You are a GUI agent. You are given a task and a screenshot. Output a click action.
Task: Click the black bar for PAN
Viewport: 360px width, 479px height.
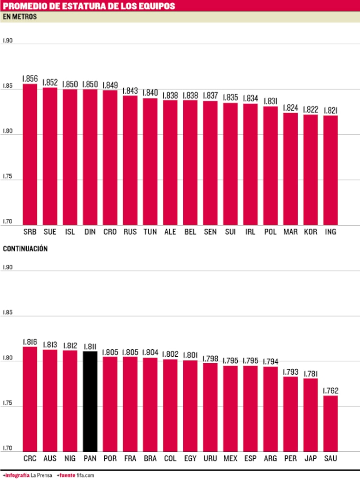coord(90,401)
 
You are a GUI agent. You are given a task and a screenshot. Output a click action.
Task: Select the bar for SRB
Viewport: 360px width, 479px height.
coord(30,155)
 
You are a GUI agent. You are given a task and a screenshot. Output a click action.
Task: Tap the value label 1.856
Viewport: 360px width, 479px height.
coord(30,79)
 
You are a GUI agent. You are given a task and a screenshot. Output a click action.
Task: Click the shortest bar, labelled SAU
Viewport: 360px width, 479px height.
coord(330,424)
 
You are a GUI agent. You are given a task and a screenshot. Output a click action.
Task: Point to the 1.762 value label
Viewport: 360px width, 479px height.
coord(330,391)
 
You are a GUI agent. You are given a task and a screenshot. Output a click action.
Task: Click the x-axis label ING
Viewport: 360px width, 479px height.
coord(330,232)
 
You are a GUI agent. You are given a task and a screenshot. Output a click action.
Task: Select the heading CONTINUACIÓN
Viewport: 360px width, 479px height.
coord(25,249)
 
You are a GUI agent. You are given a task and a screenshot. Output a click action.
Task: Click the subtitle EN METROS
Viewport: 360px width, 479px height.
coord(20,17)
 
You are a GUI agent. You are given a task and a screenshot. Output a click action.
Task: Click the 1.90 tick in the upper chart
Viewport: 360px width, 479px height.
coord(8,41)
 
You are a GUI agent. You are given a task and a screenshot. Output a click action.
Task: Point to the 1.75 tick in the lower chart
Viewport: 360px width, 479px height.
coord(8,402)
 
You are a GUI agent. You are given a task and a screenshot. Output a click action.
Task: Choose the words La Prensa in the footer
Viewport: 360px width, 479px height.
coord(42,475)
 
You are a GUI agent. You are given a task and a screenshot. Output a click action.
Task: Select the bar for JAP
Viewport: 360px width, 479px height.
coord(310,415)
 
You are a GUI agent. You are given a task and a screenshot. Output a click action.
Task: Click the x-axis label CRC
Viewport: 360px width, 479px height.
coord(30,458)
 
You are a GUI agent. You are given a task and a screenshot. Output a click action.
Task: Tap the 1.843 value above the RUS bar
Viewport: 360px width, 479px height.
coord(130,91)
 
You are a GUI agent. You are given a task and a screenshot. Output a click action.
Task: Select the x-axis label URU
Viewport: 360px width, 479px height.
coord(210,458)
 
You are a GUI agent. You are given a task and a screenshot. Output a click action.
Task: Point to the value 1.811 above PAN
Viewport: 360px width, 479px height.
coord(90,346)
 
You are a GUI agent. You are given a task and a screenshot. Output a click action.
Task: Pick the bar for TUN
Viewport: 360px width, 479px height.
coord(150,162)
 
